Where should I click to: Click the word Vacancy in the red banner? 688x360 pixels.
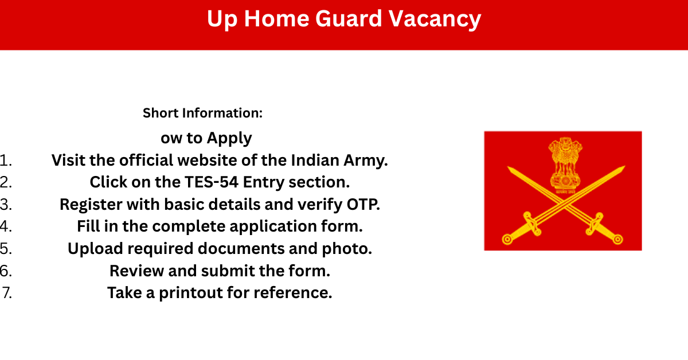pyautogui.click(x=435, y=19)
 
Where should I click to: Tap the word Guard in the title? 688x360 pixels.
pyautogui.click(x=349, y=18)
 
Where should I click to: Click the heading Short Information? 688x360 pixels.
pyautogui.click(x=203, y=113)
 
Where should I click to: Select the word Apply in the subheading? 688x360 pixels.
pyautogui.click(x=229, y=138)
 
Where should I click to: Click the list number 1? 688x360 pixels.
pyautogui.click(x=6, y=161)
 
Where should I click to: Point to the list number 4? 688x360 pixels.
pyautogui.click(x=6, y=226)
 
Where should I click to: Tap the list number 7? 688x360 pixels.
pyautogui.click(x=7, y=293)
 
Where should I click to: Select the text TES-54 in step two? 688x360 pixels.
pyautogui.click(x=212, y=182)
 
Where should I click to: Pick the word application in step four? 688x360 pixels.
pyautogui.click(x=273, y=226)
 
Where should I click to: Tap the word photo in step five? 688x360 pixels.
pyautogui.click(x=347, y=248)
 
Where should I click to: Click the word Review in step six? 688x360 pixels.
pyautogui.click(x=136, y=271)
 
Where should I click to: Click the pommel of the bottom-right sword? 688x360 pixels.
pyautogui.click(x=618, y=239)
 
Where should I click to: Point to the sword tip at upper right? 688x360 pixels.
pyautogui.click(x=624, y=167)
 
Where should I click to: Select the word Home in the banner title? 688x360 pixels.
pyautogui.click(x=276, y=18)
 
